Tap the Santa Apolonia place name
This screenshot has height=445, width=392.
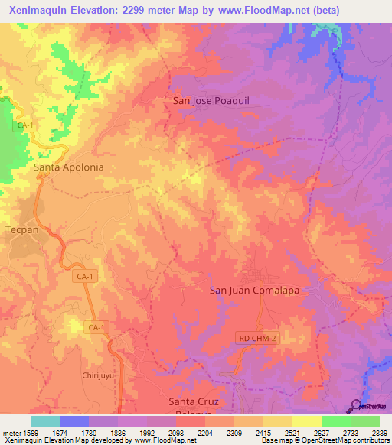click(69, 166)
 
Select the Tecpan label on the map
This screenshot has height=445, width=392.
click(18, 229)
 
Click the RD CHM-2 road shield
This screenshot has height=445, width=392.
click(256, 337)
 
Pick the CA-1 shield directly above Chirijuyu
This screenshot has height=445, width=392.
click(96, 327)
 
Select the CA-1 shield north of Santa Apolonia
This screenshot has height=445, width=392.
click(26, 124)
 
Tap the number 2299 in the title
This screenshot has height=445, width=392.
click(136, 10)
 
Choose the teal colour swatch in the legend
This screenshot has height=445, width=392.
click(45, 421)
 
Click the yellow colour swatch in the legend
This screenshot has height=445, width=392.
click(306, 421)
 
